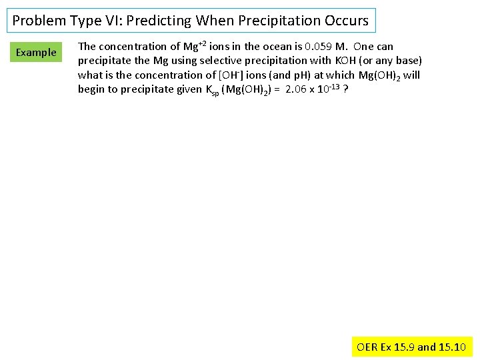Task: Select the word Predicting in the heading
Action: pyautogui.click(x=159, y=21)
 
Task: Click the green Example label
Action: pyautogui.click(x=36, y=52)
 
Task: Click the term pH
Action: pyautogui.click(x=301, y=75)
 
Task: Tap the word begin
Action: pyautogui.click(x=91, y=89)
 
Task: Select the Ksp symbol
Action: pyautogui.click(x=215, y=90)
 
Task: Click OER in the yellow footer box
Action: pyautogui.click(x=367, y=347)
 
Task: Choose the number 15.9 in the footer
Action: pyautogui.click(x=403, y=347)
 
